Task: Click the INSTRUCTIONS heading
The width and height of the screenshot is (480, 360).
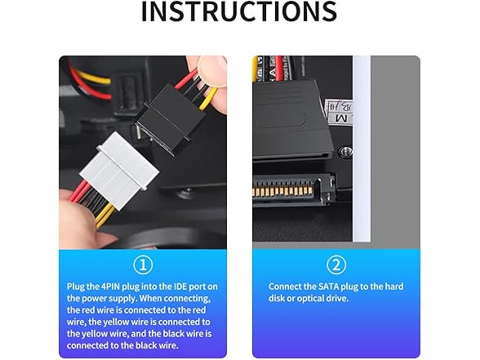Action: tap(239, 11)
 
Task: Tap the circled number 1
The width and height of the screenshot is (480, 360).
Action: tap(143, 264)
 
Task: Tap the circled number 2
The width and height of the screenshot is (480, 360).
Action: tap(336, 264)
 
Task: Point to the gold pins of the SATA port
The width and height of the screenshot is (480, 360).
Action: tap(282, 189)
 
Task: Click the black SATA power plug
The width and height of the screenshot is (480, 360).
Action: tap(292, 120)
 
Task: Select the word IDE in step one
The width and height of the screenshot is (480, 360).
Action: tap(180, 287)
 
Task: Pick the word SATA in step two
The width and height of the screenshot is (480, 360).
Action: tap(328, 287)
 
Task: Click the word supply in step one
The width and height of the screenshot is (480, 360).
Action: tap(123, 299)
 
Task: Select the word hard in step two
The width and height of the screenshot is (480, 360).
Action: tap(394, 287)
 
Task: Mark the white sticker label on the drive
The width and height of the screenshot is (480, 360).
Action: tap(339, 111)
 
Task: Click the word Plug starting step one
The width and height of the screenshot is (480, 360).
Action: tap(75, 287)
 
